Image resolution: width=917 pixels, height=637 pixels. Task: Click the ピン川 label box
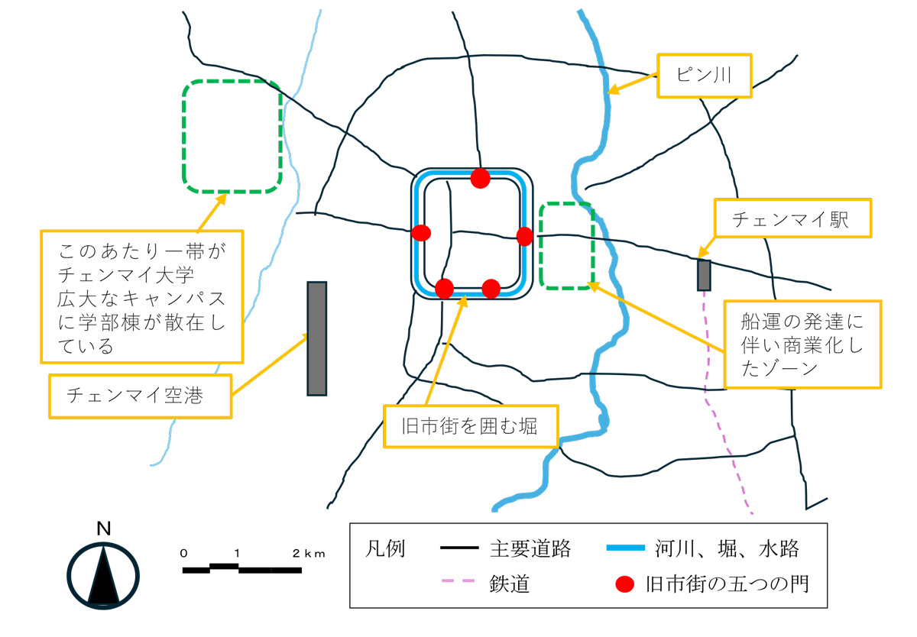[x=704, y=76]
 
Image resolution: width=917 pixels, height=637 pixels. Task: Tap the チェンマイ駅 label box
[x=792, y=218]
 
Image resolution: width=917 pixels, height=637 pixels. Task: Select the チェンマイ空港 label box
[x=141, y=396]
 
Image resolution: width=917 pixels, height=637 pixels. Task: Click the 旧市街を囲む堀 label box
[x=471, y=426]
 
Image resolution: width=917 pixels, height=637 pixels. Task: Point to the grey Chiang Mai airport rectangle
[x=317, y=338]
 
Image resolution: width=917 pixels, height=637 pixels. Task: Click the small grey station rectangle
[x=704, y=275]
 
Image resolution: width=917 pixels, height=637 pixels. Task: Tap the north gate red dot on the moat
[x=480, y=178]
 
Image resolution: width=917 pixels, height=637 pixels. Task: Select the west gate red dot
[x=421, y=233]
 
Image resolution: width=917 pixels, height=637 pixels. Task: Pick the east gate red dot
[x=525, y=236]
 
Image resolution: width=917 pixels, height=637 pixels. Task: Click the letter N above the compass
[x=104, y=529]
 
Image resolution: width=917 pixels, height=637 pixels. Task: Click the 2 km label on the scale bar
[x=309, y=554]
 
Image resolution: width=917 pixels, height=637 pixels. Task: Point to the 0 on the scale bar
[x=184, y=554]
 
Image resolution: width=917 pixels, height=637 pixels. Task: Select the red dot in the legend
[x=625, y=584]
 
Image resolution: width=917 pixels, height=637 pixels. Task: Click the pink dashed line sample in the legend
[x=458, y=580]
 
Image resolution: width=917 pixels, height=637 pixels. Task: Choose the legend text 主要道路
[x=530, y=548]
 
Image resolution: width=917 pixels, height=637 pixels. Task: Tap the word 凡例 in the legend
[x=385, y=548]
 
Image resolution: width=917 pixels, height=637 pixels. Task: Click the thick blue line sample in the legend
[x=626, y=548]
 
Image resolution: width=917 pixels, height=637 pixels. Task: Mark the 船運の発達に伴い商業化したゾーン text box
[x=802, y=344]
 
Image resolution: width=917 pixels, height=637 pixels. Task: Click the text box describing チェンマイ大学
[x=142, y=296]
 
